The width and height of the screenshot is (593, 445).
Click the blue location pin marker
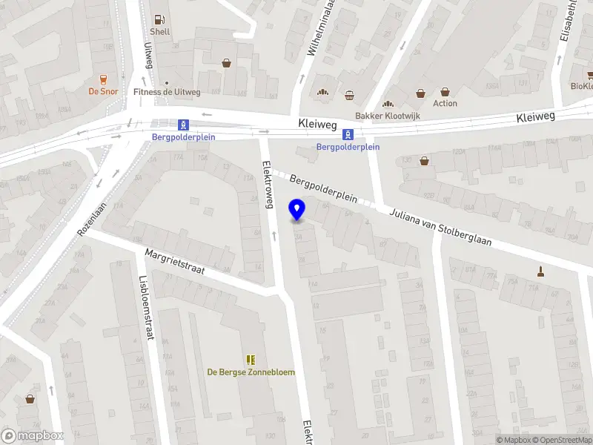click(x=297, y=210)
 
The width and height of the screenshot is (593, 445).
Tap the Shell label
click(x=159, y=32)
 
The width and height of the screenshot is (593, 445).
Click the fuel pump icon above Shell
click(x=159, y=19)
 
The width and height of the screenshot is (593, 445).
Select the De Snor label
click(x=103, y=91)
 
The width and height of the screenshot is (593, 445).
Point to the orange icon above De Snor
click(x=103, y=79)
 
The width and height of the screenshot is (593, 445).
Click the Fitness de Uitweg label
click(x=167, y=92)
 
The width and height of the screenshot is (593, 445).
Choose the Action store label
click(x=445, y=103)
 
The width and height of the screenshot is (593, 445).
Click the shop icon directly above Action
click(x=445, y=92)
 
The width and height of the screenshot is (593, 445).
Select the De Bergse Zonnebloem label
click(x=250, y=372)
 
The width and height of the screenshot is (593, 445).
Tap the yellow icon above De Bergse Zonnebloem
click(x=250, y=359)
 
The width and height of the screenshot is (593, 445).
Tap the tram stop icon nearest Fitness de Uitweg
click(x=182, y=125)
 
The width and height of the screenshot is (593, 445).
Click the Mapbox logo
click(x=33, y=436)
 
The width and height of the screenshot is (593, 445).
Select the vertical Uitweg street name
click(x=147, y=53)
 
